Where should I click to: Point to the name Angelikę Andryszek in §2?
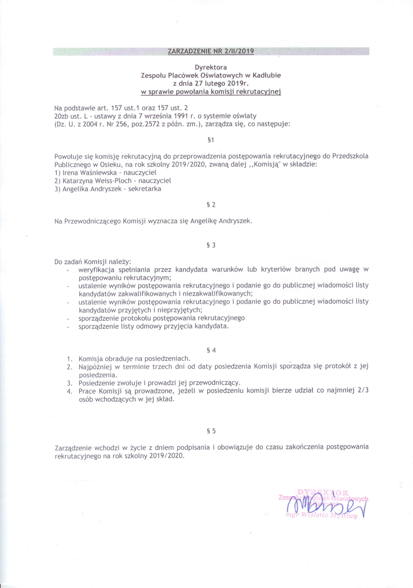221,221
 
